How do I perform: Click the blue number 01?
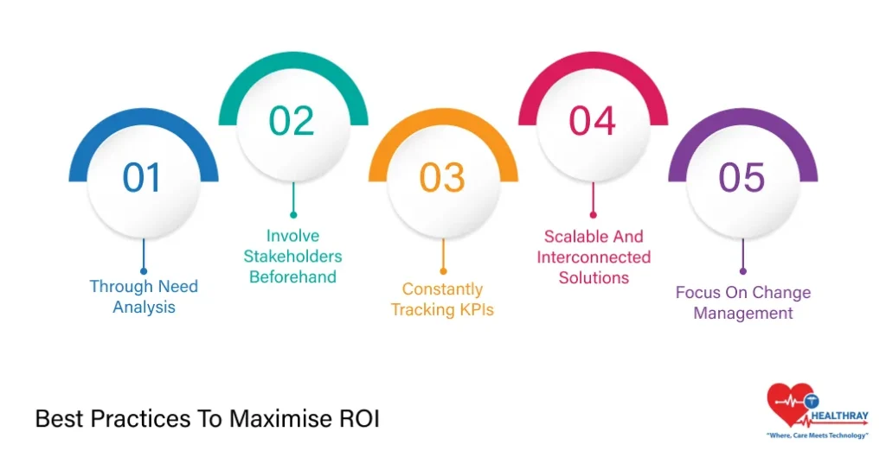pos(141,177)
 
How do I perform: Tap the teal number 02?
pos(292,121)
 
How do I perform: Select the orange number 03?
pos(442,177)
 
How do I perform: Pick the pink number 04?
pos(592,121)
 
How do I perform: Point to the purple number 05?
pos(742,177)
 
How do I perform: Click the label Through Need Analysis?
pos(144,297)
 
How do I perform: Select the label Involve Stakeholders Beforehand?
pos(292,257)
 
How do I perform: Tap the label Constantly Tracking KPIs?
pos(442,300)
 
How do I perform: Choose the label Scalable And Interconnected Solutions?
pos(594,257)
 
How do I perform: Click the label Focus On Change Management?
pos(743,303)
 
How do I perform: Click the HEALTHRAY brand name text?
pos(839,416)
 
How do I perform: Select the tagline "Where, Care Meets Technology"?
pos(817,435)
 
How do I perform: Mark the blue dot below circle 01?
pos(144,271)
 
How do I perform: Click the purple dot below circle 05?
pos(743,271)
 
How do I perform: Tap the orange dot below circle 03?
pos(444,271)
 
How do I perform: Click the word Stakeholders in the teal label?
pos(292,257)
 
